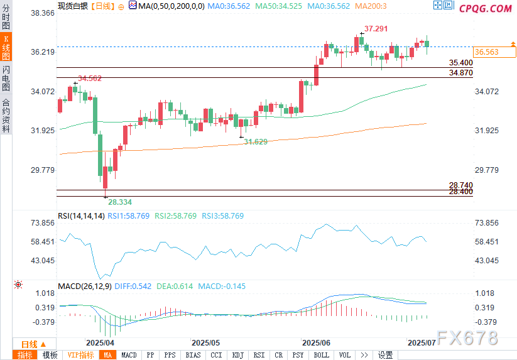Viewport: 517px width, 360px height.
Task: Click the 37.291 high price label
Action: click(x=376, y=29)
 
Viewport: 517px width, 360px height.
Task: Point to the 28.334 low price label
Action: click(x=120, y=202)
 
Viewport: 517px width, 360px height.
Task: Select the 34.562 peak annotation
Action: click(x=90, y=79)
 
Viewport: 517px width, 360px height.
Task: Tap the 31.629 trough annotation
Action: click(x=256, y=142)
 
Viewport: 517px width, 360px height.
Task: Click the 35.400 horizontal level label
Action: click(x=461, y=63)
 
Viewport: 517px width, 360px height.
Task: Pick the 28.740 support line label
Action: click(x=461, y=185)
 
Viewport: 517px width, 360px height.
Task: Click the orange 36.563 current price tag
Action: click(x=487, y=52)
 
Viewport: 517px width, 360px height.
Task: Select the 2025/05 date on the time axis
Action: click(x=206, y=343)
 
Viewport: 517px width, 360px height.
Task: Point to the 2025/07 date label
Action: click(x=422, y=343)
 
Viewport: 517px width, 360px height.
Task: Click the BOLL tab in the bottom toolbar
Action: click(x=321, y=355)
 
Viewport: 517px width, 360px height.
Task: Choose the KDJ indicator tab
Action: click(x=237, y=355)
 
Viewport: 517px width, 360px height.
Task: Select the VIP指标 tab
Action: click(x=80, y=355)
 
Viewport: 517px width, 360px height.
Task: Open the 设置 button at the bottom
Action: click(x=385, y=355)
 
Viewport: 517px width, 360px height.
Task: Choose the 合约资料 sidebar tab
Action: click(x=6, y=115)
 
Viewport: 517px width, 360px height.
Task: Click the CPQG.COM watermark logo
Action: click(x=486, y=9)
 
